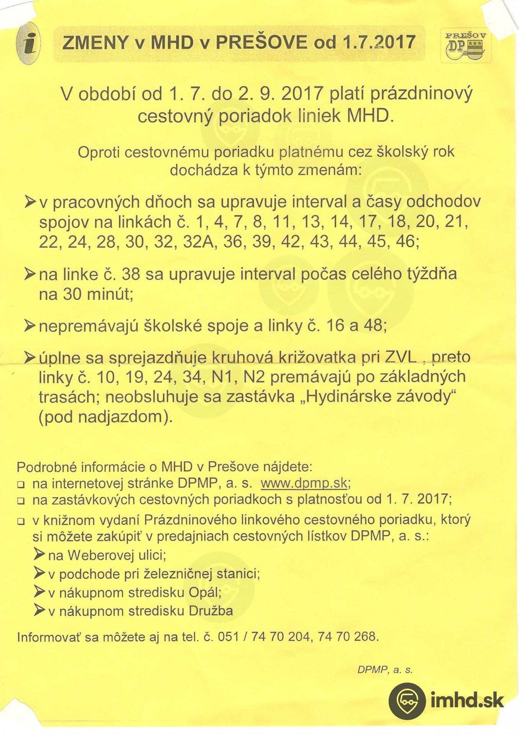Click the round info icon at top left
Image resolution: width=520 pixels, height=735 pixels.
coord(28,43)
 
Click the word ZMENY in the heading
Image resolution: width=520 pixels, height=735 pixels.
coord(95,42)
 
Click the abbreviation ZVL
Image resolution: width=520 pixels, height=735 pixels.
coord(400,357)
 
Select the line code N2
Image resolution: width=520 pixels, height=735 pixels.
coord(254,377)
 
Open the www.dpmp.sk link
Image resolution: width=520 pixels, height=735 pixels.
coord(304,483)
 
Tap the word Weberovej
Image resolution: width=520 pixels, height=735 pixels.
coord(101,555)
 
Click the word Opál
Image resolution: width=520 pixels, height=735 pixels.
coord(205,593)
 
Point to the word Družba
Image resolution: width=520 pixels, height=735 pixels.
coord(211,611)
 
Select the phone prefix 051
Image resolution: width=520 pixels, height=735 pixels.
coord(228,637)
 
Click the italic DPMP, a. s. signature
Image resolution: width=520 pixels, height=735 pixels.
coord(385,670)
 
